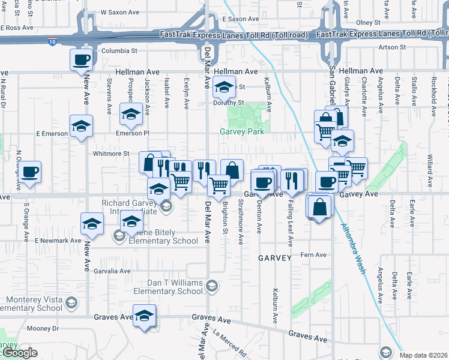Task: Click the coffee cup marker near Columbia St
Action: coord(82,59)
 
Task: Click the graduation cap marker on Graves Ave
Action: coord(144,316)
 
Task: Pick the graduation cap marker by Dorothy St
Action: coord(224,88)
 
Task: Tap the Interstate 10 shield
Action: coord(53,41)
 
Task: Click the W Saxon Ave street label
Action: coord(119,11)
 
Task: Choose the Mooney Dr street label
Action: coord(43,328)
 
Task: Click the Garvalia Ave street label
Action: coord(112,271)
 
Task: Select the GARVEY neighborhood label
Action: coord(274,257)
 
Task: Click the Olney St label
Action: coord(369,22)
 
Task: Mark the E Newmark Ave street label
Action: coord(58,241)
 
